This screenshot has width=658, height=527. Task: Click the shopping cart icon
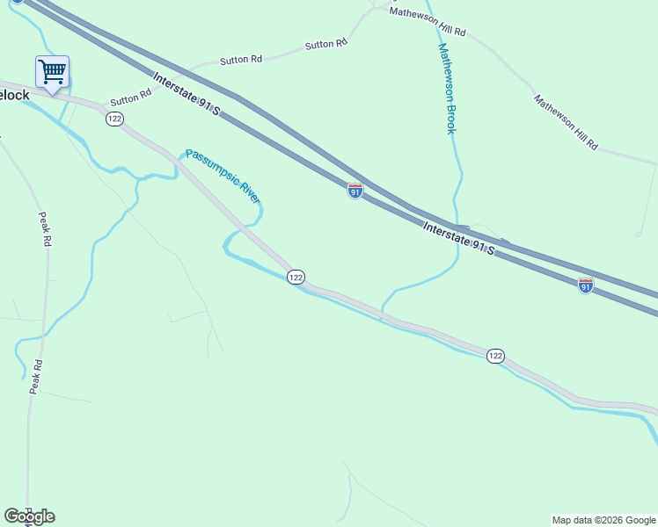pyautogui.click(x=53, y=71)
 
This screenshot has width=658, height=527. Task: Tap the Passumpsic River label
pyautogui.click(x=223, y=175)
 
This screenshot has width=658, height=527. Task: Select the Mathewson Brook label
pyautogui.click(x=447, y=89)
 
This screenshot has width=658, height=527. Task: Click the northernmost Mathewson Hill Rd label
pyautogui.click(x=428, y=22)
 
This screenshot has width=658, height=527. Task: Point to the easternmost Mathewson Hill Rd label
pyautogui.click(x=566, y=121)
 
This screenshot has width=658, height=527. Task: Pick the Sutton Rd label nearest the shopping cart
pyautogui.click(x=126, y=100)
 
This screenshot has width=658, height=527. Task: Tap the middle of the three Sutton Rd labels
pyautogui.click(x=241, y=61)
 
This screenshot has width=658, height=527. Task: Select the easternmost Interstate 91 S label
pyautogui.click(x=458, y=237)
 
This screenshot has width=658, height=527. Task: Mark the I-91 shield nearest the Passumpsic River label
pyautogui.click(x=355, y=191)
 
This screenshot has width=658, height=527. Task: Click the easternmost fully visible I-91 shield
pyautogui.click(x=586, y=285)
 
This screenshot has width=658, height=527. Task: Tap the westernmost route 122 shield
pyautogui.click(x=114, y=119)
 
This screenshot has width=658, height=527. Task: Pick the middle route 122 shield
pyautogui.click(x=296, y=277)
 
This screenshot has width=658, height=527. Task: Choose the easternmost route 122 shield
pyautogui.click(x=495, y=355)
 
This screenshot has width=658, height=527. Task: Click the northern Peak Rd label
pyautogui.click(x=43, y=230)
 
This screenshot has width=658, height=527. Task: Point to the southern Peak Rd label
pyautogui.click(x=35, y=376)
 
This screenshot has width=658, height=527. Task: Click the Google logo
pyautogui.click(x=29, y=516)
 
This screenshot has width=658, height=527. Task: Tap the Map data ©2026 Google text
pyautogui.click(x=603, y=520)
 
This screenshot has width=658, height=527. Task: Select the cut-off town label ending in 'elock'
pyautogui.click(x=15, y=95)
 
